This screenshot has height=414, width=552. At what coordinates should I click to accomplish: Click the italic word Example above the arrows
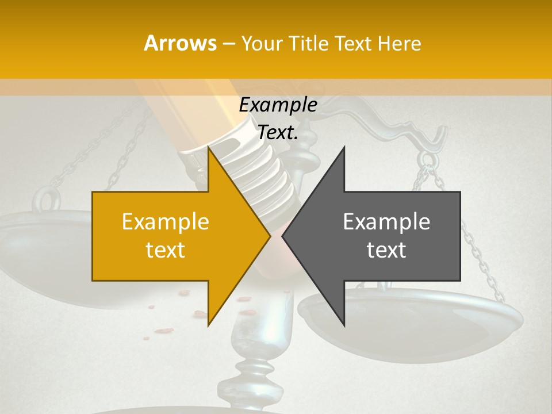tap(278, 105)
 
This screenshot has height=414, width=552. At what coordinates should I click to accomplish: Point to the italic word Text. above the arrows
tap(278, 133)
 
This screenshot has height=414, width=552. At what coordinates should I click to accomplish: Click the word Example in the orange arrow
tap(166, 222)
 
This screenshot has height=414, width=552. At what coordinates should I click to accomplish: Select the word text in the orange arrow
tap(166, 250)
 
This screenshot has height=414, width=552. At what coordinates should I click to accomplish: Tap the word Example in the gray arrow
tap(386, 222)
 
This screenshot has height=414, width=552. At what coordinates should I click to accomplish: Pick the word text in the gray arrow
tap(386, 250)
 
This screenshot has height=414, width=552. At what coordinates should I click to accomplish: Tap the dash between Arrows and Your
tap(229, 44)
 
